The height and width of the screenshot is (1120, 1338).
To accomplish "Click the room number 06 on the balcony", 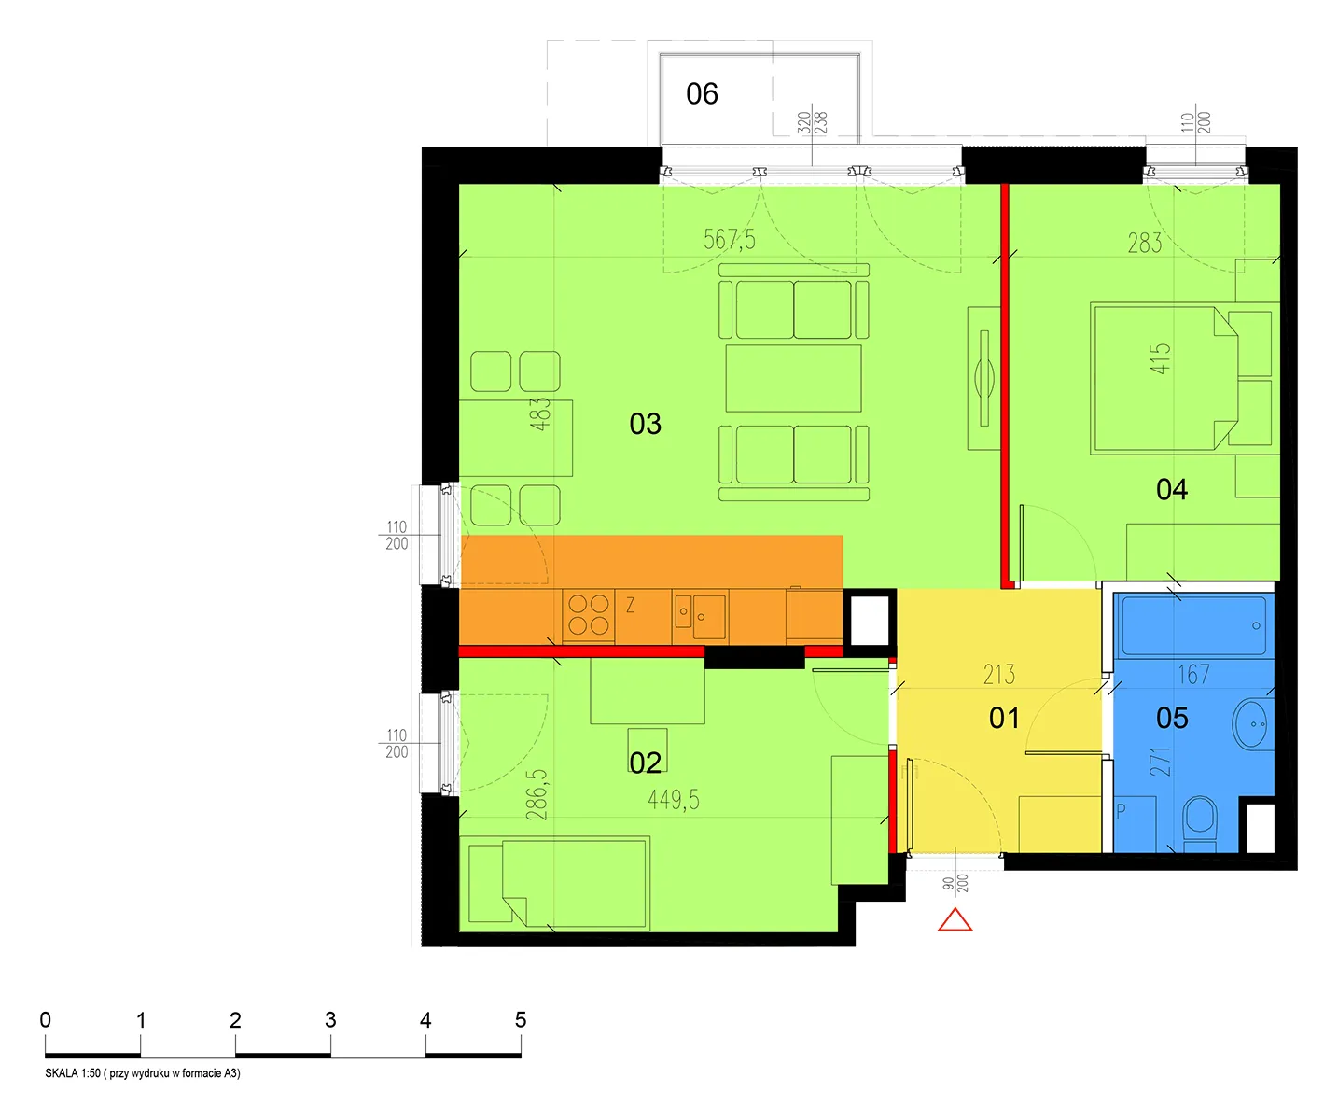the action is coord(702,93).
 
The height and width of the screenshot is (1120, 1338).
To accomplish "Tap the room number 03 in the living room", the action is coord(645,424).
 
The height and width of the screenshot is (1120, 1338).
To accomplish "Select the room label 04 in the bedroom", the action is coord(1171,490).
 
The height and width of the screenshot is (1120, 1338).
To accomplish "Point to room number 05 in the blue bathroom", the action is coord(1172,718).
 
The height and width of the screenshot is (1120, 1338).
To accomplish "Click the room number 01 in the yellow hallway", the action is coord(1004,718).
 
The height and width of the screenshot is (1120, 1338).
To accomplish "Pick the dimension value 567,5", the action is coord(730,240).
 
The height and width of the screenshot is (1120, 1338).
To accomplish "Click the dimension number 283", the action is coord(1145,243).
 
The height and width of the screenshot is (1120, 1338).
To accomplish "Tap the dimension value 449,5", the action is coord(674,800).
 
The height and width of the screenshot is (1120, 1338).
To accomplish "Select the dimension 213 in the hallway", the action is coord(999,674).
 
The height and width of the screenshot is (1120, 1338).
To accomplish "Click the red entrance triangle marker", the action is coord(955,920).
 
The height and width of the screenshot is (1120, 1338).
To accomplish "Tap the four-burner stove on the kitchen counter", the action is coord(588,615).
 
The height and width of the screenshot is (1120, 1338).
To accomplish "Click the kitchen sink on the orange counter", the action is coord(701,616).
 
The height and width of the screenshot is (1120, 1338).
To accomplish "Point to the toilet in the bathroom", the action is coord(1199,824).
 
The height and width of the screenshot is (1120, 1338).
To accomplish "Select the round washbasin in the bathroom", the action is coord(1252,725).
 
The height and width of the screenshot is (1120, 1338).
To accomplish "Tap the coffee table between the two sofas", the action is coord(793,378).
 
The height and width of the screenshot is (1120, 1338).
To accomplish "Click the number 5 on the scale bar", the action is coord(521,1019).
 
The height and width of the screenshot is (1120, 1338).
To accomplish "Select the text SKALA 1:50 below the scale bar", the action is coord(73,1073).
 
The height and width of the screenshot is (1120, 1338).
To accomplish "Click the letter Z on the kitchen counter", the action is coord(631,605).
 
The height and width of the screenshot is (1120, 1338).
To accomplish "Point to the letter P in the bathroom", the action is coord(1121,811).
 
